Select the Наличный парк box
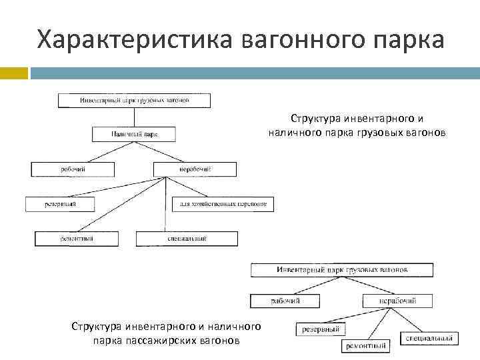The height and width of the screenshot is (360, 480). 135,134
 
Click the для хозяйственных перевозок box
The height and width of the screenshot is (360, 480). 223,204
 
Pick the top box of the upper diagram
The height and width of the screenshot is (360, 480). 135,100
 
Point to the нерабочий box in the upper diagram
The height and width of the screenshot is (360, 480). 194,169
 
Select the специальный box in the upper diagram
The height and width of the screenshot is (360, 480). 187,238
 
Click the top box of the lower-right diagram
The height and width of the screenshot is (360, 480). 342,271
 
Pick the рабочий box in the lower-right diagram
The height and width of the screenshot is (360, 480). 285,301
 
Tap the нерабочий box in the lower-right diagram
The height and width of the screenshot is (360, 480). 397,301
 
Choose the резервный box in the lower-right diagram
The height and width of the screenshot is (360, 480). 321,329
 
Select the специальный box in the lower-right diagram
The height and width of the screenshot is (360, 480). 429,339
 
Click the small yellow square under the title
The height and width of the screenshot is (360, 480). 13,73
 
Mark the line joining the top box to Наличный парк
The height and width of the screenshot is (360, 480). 135,117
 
